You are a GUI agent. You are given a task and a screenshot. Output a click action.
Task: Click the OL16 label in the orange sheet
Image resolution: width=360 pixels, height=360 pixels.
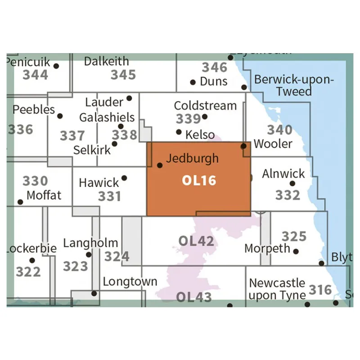coord(199,180)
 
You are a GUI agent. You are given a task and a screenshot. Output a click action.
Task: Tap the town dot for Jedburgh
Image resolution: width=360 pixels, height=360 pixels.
coord(159,165)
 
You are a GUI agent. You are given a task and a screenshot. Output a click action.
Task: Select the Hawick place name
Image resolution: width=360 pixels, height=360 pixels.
coord(99,183)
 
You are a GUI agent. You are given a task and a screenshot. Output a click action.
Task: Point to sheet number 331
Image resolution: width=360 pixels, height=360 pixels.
coord(109,196)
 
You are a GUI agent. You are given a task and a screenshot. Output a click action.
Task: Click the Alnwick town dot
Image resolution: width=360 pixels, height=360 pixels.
coord(292,183)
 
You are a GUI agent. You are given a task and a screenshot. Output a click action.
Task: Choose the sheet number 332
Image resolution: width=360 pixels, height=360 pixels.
coord(288,195)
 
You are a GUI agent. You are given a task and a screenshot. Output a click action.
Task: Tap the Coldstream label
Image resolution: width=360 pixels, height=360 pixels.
coord(205,106)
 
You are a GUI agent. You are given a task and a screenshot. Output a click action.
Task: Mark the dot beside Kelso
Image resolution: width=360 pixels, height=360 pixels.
coord(179,132)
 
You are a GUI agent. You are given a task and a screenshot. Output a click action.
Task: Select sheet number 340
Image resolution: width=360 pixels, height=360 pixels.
coord(279,130)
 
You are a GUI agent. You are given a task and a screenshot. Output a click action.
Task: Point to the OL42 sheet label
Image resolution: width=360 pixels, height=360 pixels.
coord(196,241)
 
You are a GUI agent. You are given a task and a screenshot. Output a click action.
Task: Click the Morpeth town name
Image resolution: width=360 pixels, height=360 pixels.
coord(267,248)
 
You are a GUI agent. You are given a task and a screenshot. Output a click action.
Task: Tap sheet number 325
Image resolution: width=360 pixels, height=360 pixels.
coord(293,236)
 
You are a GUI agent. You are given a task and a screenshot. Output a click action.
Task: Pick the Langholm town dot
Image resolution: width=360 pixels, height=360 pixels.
coord(89,254)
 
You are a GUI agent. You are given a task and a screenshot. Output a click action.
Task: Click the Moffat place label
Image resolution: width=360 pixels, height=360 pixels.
coord(44,196)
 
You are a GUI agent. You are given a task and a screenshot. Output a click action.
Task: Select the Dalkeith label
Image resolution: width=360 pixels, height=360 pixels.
coord(106,61)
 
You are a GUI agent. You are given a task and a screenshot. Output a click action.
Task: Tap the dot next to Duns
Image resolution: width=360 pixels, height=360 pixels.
coord(193,82)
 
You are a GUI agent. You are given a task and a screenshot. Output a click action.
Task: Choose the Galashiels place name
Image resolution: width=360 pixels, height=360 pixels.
coord(107,117)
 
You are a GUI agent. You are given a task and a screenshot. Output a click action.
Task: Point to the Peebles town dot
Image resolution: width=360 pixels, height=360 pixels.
coord(60,116)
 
